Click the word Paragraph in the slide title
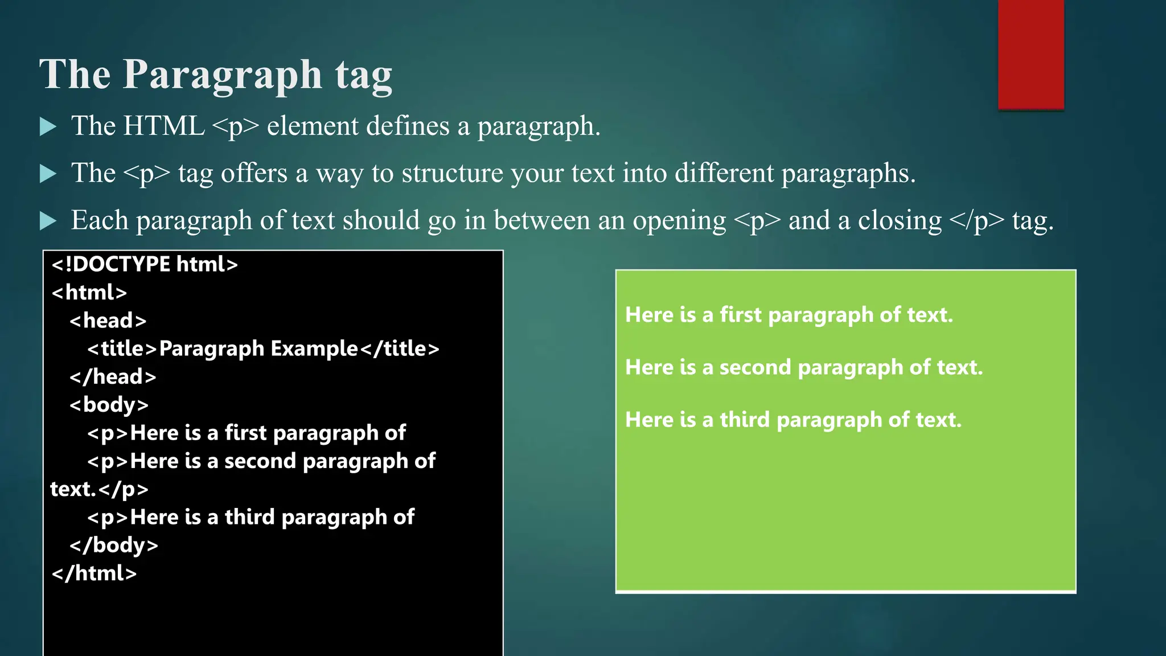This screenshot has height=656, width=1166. coord(222,75)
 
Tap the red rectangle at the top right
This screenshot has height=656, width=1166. coord(1030,54)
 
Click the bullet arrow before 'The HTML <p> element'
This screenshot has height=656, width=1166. coord(48,126)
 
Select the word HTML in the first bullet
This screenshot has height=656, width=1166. coord(163,126)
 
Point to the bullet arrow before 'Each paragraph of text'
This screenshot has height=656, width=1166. coord(48,220)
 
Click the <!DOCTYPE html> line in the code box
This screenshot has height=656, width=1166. coord(145,265)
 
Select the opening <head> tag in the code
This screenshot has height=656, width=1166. coord(108,321)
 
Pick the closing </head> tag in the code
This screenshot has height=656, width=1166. coord(113,377)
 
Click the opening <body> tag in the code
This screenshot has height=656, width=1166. coord(109,405)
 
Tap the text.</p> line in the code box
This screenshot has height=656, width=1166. coord(100,489)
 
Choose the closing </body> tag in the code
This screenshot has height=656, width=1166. coord(114,545)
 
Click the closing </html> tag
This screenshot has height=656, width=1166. coord(95,573)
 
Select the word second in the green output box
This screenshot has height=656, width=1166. coord(755,367)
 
